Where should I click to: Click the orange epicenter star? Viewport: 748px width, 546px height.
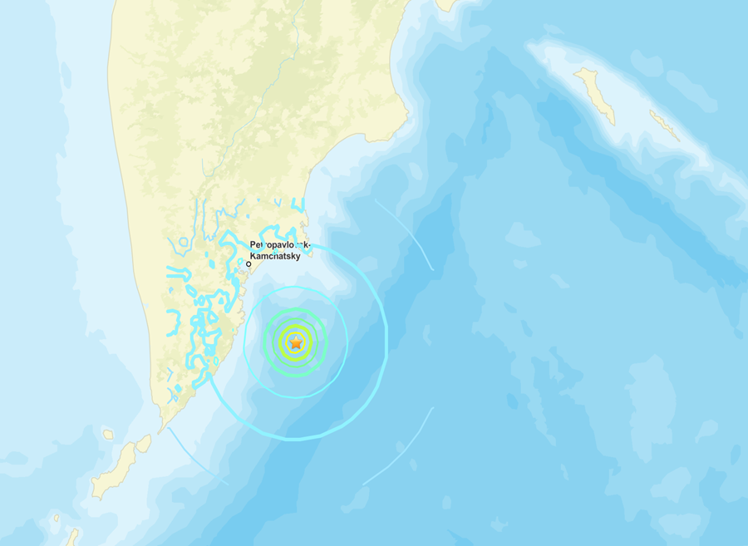pyautogui.click(x=296, y=342)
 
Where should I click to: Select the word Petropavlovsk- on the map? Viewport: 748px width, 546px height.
pyautogui.click(x=280, y=245)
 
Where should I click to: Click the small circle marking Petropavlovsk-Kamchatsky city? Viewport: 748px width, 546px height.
pyautogui.click(x=249, y=264)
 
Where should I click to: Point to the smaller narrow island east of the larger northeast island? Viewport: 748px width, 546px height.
pyautogui.click(x=665, y=125)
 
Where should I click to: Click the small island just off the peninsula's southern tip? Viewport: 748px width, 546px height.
pyautogui.click(x=144, y=444)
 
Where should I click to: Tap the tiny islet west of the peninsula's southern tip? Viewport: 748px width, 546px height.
pyautogui.click(x=107, y=434)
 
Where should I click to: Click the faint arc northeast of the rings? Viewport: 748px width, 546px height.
pyautogui.click(x=406, y=234)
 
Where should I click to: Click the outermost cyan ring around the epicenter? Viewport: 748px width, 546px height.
pyautogui.click(x=386, y=341)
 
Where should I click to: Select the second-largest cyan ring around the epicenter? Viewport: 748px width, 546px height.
pyautogui.click(x=346, y=342)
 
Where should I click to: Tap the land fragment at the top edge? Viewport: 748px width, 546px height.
pyautogui.click(x=446, y=4)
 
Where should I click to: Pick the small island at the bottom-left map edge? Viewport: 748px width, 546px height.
pyautogui.click(x=72, y=537)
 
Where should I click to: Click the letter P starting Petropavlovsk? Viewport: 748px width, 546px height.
pyautogui.click(x=253, y=245)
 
